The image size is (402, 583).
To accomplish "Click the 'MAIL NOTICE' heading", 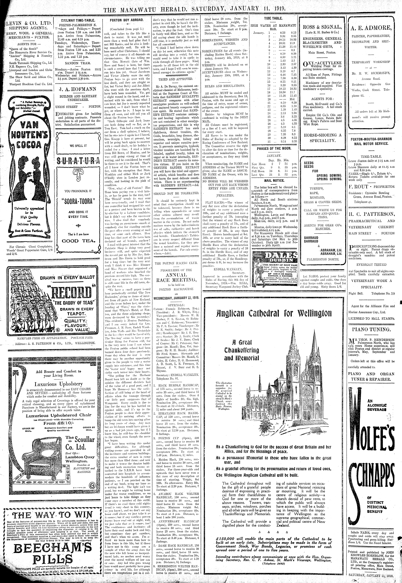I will [x=274, y=181].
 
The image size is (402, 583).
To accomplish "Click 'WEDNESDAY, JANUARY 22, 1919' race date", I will [x=176, y=297].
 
